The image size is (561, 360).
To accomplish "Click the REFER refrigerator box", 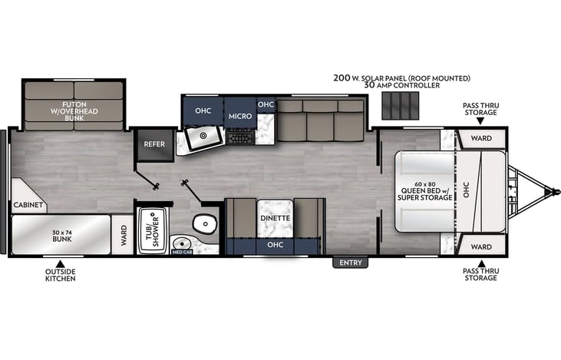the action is coord(154,144).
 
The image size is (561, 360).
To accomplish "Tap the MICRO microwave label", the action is coord(240,117).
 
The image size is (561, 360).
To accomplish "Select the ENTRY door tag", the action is coord(350,263).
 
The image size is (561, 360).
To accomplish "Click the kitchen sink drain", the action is coord(203,136).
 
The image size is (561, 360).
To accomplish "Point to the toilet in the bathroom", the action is coord(205,223).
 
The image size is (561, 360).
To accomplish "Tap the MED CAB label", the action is coord(182,252).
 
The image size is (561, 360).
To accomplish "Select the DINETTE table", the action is coord(276,218).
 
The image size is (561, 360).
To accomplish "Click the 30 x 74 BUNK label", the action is coord(62,236).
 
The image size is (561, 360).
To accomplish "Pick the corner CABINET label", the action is coord(28,205).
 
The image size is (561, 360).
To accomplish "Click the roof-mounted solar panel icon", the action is coord(400,105).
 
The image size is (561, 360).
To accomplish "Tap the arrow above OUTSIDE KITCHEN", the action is coord(60,264).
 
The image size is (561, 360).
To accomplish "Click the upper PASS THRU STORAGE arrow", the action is coord(480,121).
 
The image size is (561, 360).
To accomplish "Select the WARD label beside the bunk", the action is coord(124,235).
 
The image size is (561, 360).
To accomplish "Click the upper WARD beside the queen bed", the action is coord(481,138).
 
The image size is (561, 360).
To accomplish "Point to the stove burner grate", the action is coord(240,137).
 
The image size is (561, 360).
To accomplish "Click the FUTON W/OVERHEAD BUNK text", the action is coord(74,111).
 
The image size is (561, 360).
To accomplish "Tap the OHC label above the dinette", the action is coord(276,245).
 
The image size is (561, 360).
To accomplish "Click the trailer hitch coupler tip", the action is coord(556,191).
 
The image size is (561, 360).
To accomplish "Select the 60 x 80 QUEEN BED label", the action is coord(425,191).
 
